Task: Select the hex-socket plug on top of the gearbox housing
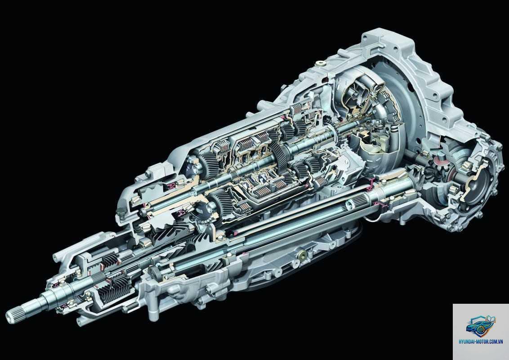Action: coord(322,63)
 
